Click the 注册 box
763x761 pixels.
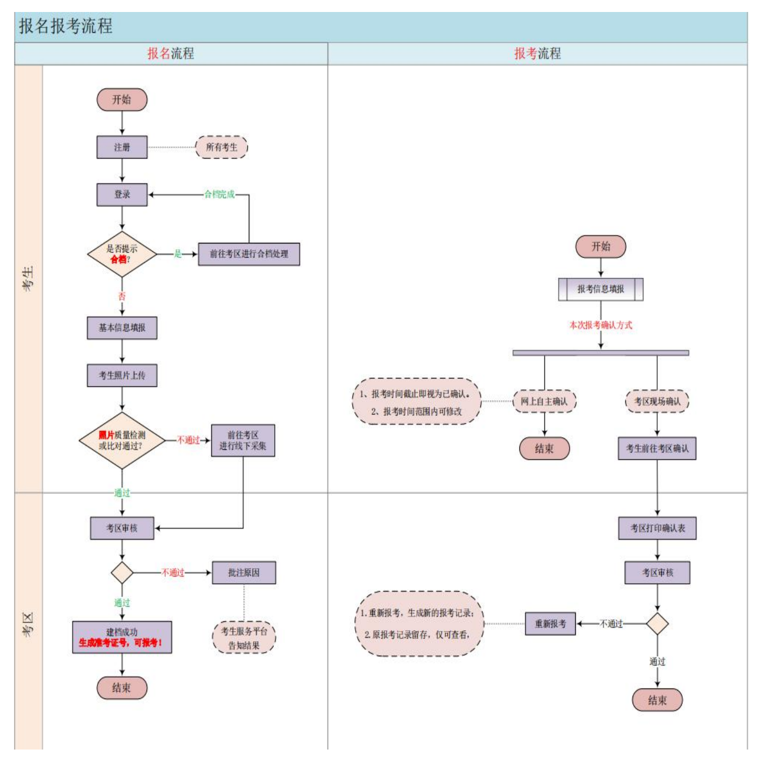(x=122, y=148)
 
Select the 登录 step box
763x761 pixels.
(x=122, y=194)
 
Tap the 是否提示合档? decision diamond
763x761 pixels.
(x=122, y=254)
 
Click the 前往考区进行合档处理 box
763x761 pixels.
(x=249, y=254)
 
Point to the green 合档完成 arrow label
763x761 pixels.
(x=219, y=194)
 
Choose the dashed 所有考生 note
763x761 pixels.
(x=221, y=148)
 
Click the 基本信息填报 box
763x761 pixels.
(x=122, y=328)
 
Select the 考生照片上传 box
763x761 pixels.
(x=122, y=375)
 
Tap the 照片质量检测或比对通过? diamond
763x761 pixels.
(x=122, y=440)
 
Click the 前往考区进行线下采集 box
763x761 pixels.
(x=243, y=440)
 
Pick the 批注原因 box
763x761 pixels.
(x=244, y=573)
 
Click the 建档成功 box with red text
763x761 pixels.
(x=122, y=637)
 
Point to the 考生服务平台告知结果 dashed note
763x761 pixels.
(x=244, y=638)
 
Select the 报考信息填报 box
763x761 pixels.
(x=600, y=289)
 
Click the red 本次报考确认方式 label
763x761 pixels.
(x=600, y=325)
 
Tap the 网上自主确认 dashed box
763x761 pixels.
(x=544, y=401)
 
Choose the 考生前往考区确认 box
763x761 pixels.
(x=657, y=448)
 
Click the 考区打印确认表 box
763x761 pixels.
(x=657, y=529)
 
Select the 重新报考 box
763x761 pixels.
(x=550, y=624)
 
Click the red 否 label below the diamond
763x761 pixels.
(x=122, y=296)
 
